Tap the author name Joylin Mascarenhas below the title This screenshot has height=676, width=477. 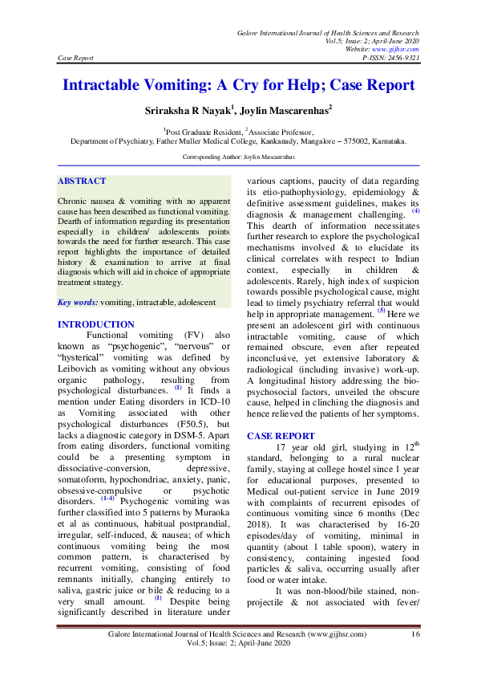click(285, 109)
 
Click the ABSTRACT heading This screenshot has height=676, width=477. click(83, 181)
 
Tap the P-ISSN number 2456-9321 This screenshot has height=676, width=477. click(402, 58)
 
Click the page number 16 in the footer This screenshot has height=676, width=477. click(414, 634)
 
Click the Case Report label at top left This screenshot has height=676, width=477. click(76, 58)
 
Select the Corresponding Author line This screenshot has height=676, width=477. click(238, 157)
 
